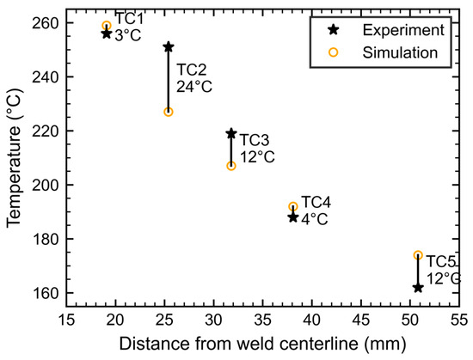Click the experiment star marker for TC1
pos(106,34)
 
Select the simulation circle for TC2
pos(169,112)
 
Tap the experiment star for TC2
pos(169,47)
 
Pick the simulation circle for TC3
pos(231,166)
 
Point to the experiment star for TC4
pos(293,217)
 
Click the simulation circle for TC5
pos(418,255)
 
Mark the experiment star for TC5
pos(418,288)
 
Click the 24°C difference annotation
pos(194,87)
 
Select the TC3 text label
pos(255,140)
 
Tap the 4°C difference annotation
pos(315,219)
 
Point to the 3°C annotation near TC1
pos(128,35)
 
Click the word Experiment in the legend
pos(403,30)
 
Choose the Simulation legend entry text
pos(400,52)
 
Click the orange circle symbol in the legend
pos(333,52)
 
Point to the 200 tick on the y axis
pos(46,185)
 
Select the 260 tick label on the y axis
pos(46,23)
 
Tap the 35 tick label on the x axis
pos(262,320)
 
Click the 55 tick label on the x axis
pos(459,320)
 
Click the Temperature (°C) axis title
pos(14,157)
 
